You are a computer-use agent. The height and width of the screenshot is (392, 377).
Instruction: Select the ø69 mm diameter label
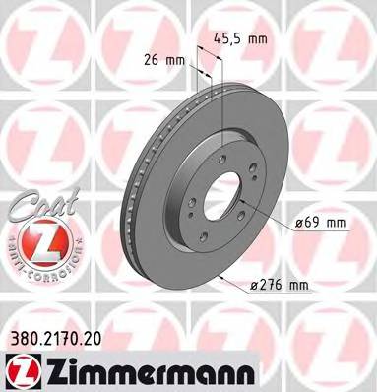[320, 224]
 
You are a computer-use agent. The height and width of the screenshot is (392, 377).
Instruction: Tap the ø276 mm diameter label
[280, 286]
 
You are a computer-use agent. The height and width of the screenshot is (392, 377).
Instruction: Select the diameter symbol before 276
[254, 286]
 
